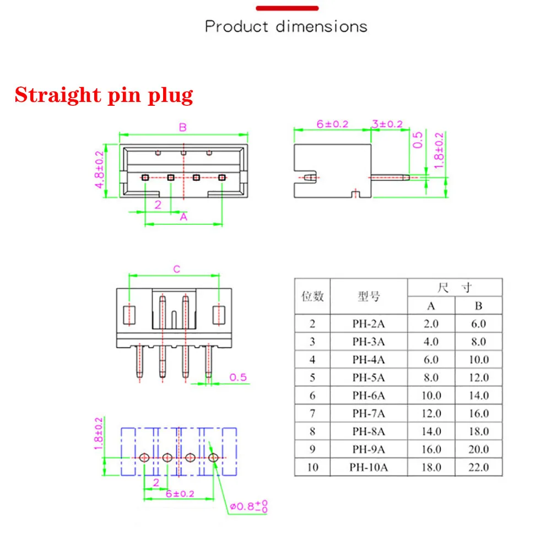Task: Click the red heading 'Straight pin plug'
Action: [x=104, y=95]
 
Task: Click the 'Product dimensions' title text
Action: [x=286, y=26]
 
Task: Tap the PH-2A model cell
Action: [x=369, y=323]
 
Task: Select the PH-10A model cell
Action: [x=369, y=467]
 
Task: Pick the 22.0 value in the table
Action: [x=478, y=467]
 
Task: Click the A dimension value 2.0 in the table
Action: [x=431, y=323]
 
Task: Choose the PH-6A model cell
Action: [x=369, y=396]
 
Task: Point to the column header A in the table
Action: [x=431, y=305]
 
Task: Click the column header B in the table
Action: [x=478, y=305]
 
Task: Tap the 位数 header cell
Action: [x=312, y=296]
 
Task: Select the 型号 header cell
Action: [x=369, y=296]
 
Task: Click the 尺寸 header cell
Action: [x=455, y=287]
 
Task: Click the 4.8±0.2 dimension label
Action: [x=100, y=170]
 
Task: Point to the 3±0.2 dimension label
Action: [x=387, y=124]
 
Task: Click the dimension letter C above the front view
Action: [x=176, y=269]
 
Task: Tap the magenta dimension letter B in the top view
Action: [x=182, y=127]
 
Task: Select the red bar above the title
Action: [x=287, y=8]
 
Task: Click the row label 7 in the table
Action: [x=312, y=413]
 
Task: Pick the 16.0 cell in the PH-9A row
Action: [x=431, y=449]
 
